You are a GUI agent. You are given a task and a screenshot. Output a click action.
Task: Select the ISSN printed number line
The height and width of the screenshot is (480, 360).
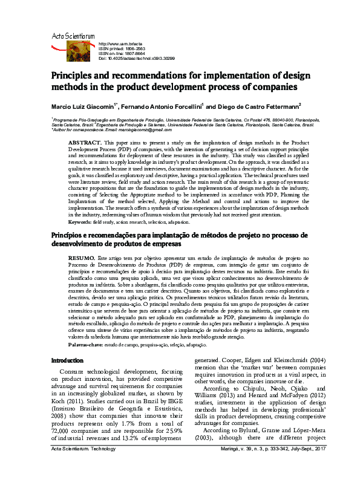coord(122,48)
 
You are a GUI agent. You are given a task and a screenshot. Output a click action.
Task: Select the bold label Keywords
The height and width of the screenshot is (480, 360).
coord(82,222)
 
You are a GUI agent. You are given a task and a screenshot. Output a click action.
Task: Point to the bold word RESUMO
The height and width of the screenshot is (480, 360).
coord(82,258)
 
